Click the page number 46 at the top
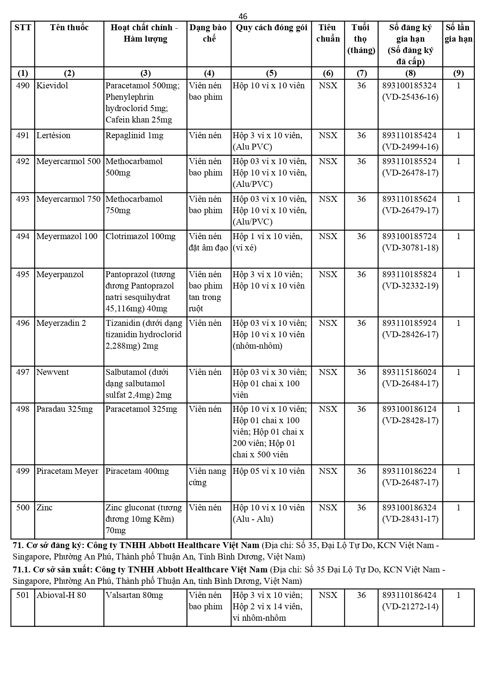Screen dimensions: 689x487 [243, 16]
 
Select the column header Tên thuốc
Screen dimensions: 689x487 [69, 27]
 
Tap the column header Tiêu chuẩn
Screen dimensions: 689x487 [328, 33]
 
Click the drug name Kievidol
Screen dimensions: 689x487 [52, 86]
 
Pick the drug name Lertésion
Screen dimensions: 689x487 [53, 135]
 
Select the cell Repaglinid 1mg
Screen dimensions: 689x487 [135, 135]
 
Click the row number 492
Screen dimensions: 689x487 [23, 161]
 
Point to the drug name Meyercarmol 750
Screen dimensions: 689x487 [68, 199]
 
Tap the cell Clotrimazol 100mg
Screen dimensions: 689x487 [140, 236]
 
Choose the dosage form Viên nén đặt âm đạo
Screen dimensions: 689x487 [208, 242]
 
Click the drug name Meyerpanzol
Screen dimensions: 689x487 [60, 274]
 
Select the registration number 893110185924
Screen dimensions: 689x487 [409, 323]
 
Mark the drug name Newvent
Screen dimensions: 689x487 [53, 372]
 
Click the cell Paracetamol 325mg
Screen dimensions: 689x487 [141, 409]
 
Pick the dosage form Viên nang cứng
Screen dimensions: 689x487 [207, 477]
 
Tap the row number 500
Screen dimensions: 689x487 [23, 508]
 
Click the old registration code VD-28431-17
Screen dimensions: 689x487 [410, 519]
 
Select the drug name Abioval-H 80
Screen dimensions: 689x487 [61, 595]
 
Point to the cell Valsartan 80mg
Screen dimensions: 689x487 [134, 595]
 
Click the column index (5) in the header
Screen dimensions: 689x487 [271, 73]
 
